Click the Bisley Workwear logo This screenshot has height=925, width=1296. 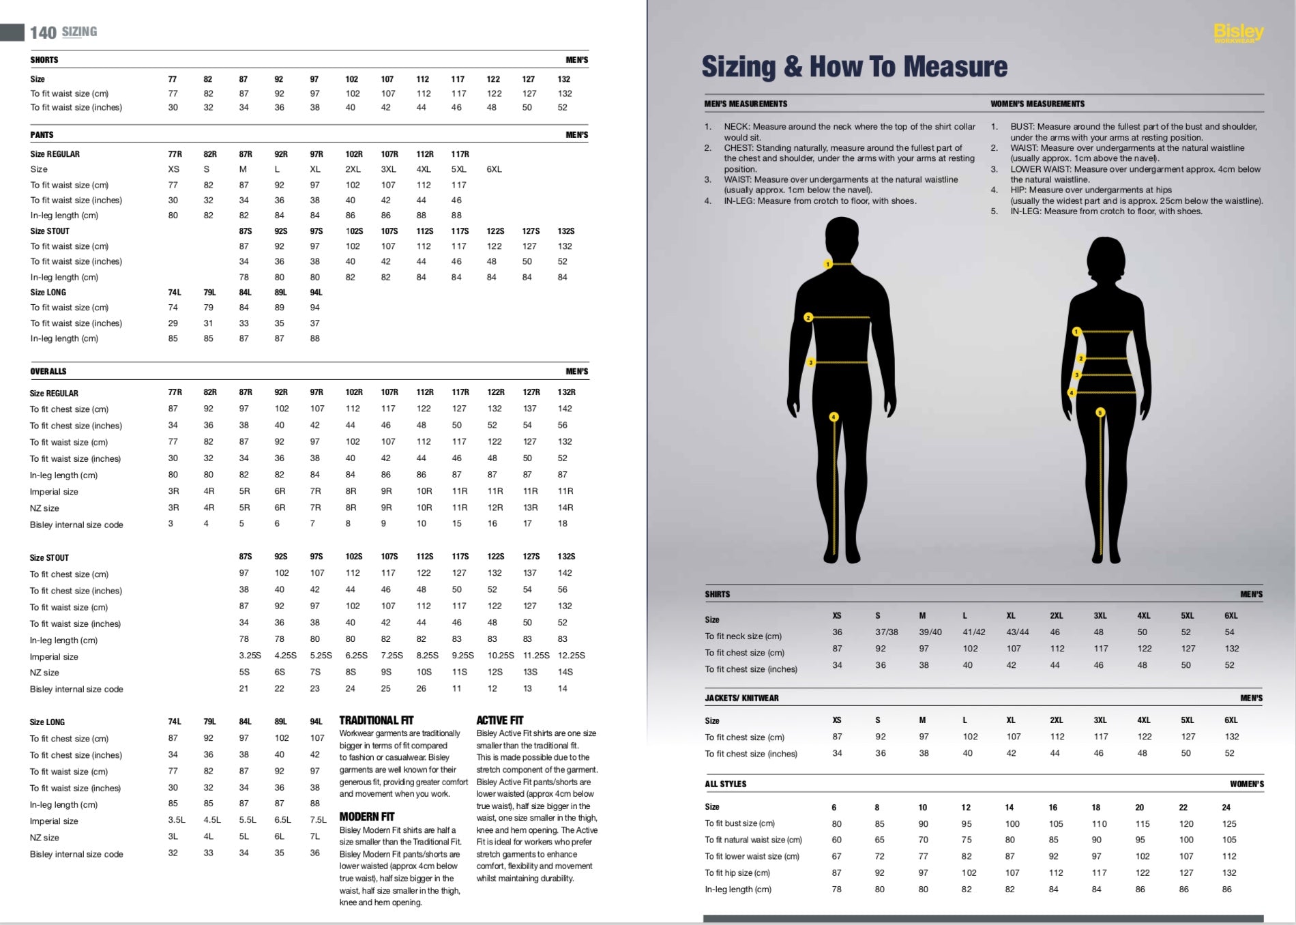1238,33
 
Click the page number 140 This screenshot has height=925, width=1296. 43,33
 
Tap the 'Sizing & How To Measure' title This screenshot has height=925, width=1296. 854,67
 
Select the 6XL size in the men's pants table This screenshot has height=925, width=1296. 494,169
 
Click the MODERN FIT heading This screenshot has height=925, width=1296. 367,817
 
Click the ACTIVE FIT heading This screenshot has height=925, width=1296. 500,720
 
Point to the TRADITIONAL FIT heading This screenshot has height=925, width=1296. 377,720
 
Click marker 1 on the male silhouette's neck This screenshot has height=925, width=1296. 827,264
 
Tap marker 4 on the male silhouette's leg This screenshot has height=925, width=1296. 834,417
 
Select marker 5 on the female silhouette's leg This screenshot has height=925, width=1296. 1100,412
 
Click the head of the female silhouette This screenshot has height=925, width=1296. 1105,263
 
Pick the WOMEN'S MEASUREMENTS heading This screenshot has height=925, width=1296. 1037,104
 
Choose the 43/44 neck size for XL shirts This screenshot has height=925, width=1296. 1018,632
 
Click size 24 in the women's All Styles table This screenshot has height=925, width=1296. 1226,807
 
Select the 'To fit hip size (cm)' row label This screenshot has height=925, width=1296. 737,873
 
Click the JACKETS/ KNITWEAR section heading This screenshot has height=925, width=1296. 741,698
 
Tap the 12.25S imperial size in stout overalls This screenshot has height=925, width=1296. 572,656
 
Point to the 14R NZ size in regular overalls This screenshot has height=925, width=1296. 565,508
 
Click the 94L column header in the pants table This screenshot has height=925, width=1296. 316,293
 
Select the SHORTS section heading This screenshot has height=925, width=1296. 44,60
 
